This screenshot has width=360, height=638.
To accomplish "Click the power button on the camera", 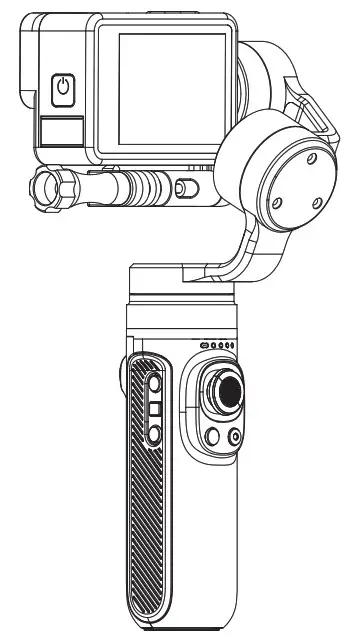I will (x=63, y=88).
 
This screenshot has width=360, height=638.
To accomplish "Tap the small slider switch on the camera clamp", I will (x=183, y=187).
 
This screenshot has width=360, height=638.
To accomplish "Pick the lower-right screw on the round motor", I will (x=317, y=202).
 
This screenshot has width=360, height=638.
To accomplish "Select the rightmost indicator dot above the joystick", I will (x=232, y=346).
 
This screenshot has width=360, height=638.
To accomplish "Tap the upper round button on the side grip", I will (x=153, y=385).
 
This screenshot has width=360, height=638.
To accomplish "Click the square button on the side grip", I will (x=154, y=409).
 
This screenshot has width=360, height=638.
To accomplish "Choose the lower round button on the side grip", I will (x=154, y=433).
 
